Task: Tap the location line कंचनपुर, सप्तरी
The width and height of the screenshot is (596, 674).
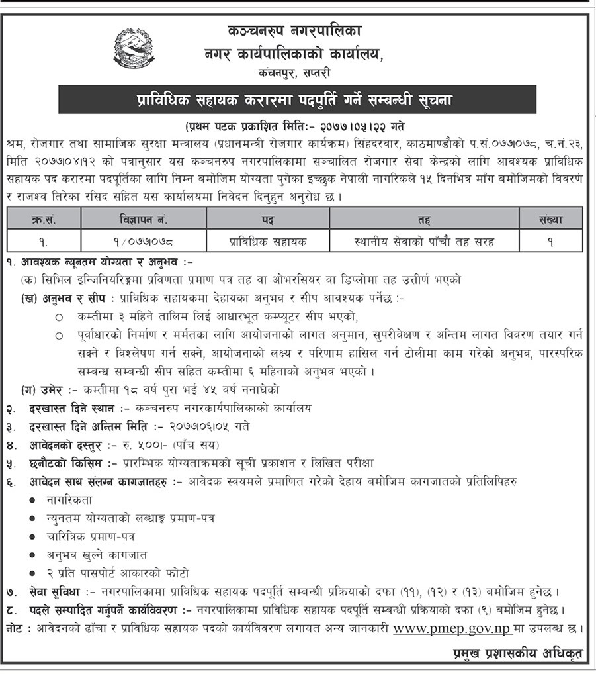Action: coord(295,72)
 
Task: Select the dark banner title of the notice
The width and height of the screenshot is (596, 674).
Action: coord(298,100)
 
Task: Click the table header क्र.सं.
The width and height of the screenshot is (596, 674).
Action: coord(44,217)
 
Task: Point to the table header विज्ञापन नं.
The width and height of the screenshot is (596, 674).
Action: coord(144,217)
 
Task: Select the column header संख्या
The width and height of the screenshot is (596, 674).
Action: coord(550,217)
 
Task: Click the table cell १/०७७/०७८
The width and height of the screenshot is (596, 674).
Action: coord(144,241)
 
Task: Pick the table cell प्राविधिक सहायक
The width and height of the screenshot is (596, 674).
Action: coord(268,241)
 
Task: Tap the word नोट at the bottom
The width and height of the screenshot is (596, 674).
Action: coord(17,627)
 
